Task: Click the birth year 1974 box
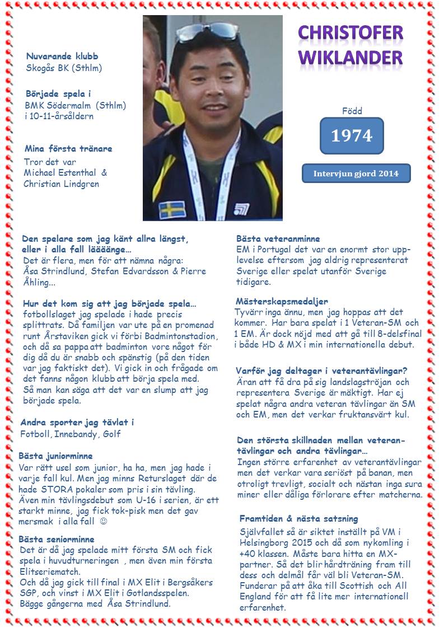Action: pyautogui.click(x=351, y=135)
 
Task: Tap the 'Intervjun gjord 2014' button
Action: pyautogui.click(x=356, y=173)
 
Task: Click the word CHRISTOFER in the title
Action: pyautogui.click(x=350, y=32)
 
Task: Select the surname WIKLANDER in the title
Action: pyautogui.click(x=350, y=57)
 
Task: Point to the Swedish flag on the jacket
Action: pyautogui.click(x=172, y=209)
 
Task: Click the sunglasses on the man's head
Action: pyautogui.click(x=207, y=31)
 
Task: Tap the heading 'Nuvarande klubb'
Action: pyautogui.click(x=62, y=57)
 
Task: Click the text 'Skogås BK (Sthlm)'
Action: pyautogui.click(x=64, y=68)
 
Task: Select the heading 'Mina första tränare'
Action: pyautogui.click(x=68, y=149)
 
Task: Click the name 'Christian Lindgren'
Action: pyautogui.click(x=61, y=184)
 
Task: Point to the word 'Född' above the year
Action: pyautogui.click(x=352, y=111)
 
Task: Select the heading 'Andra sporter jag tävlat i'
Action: pyautogui.click(x=77, y=422)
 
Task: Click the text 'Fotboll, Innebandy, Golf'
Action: pyautogui.click(x=71, y=434)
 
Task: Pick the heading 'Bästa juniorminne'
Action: pyautogui.click(x=55, y=456)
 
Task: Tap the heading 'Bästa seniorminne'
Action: pyautogui.click(x=56, y=539)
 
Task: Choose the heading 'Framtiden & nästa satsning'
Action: pyautogui.click(x=298, y=518)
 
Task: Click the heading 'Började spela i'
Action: pyautogui.click(x=58, y=93)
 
